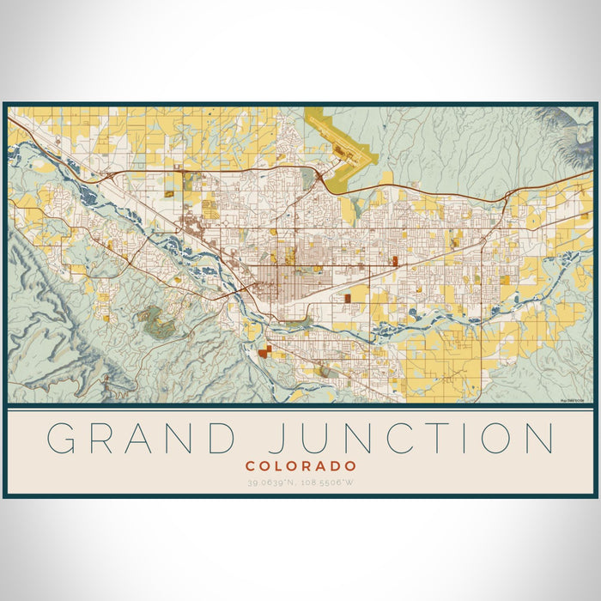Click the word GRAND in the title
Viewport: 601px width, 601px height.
tap(142, 438)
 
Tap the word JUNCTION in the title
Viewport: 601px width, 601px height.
tap(403, 438)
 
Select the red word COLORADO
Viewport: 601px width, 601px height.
tap(300, 465)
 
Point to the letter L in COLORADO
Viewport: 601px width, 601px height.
tap(280, 465)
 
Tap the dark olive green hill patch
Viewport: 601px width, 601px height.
tap(158, 321)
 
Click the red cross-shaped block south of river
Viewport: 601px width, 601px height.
tap(264, 349)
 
